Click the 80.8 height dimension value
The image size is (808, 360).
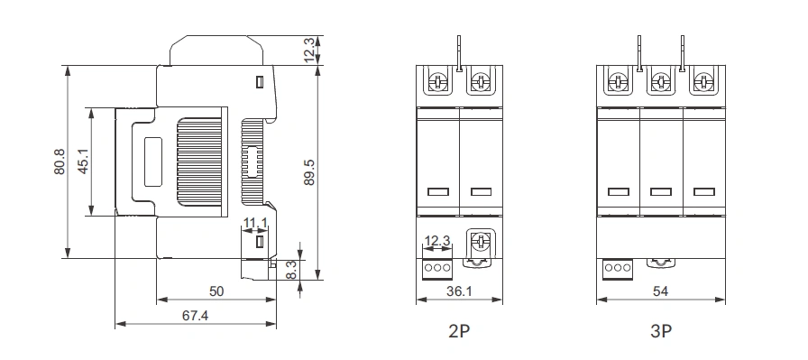[x=60, y=162]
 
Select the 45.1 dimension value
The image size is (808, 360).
[x=84, y=162]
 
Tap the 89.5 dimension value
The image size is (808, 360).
[x=308, y=172]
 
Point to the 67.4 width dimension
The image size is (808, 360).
[x=196, y=316]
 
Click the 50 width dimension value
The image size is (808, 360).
[x=216, y=291]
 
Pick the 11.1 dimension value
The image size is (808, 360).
[x=255, y=223]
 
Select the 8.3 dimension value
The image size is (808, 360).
[x=290, y=270]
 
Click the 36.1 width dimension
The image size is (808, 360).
[x=459, y=291]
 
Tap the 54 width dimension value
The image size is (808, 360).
[x=660, y=291]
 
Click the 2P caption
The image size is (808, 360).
[x=459, y=331]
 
